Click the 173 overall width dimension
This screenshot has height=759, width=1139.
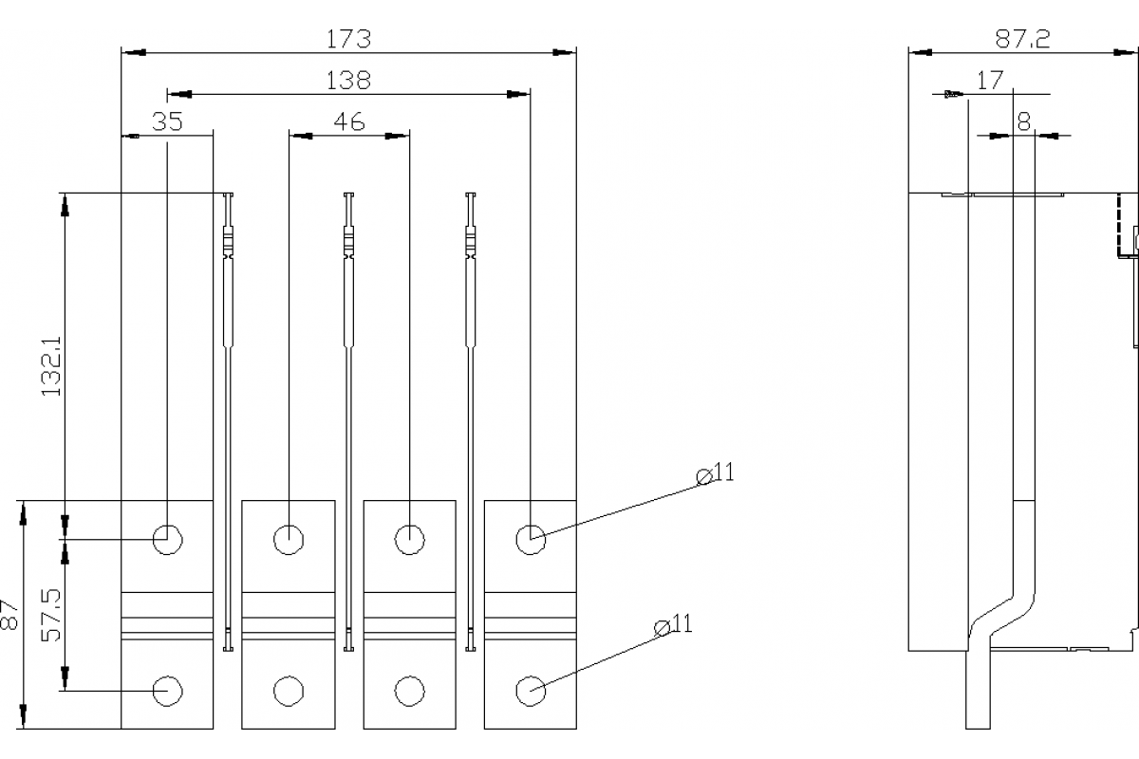pyautogui.click(x=348, y=39)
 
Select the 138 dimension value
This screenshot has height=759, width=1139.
pyautogui.click(x=348, y=81)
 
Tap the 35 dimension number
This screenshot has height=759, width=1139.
pyautogui.click(x=167, y=121)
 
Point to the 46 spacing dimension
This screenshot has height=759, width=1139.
pyautogui.click(x=348, y=121)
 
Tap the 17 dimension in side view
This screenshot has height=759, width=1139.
pyautogui.click(x=989, y=81)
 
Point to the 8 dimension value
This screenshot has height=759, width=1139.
pyautogui.click(x=1023, y=121)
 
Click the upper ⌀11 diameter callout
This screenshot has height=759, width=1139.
pyautogui.click(x=716, y=473)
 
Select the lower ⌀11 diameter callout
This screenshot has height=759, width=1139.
pyautogui.click(x=674, y=624)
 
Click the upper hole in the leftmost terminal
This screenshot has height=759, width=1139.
pyautogui.click(x=167, y=539)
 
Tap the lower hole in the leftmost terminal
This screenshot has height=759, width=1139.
pyautogui.click(x=167, y=691)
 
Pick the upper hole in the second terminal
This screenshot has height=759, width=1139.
pyautogui.click(x=288, y=539)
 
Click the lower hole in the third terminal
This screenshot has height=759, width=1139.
pyautogui.click(x=408, y=691)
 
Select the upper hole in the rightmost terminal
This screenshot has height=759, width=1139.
pyautogui.click(x=530, y=539)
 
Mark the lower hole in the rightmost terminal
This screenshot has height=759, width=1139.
pyautogui.click(x=530, y=691)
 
